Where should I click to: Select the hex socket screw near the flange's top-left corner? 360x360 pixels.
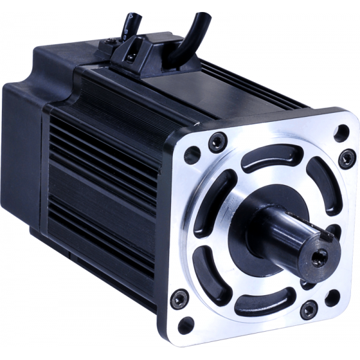[215, 142]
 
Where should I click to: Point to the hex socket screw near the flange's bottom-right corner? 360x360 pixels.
[308, 310]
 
